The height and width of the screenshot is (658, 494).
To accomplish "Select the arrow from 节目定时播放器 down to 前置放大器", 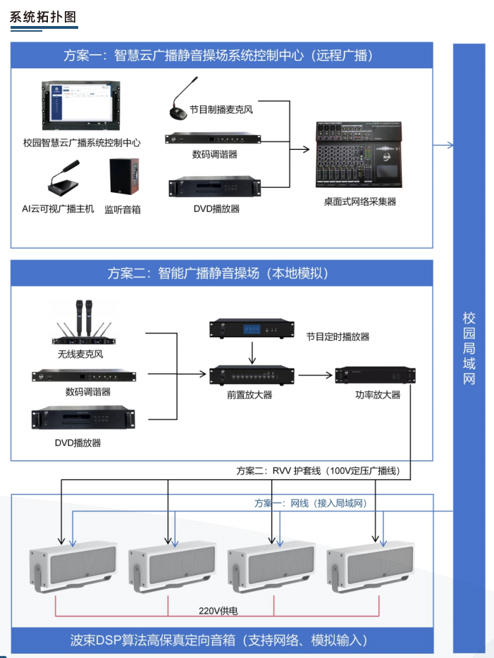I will pos(252,350).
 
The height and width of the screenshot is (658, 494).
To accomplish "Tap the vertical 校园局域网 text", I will pos(469,348).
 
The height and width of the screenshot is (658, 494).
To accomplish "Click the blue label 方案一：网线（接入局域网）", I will pos(311,504).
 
